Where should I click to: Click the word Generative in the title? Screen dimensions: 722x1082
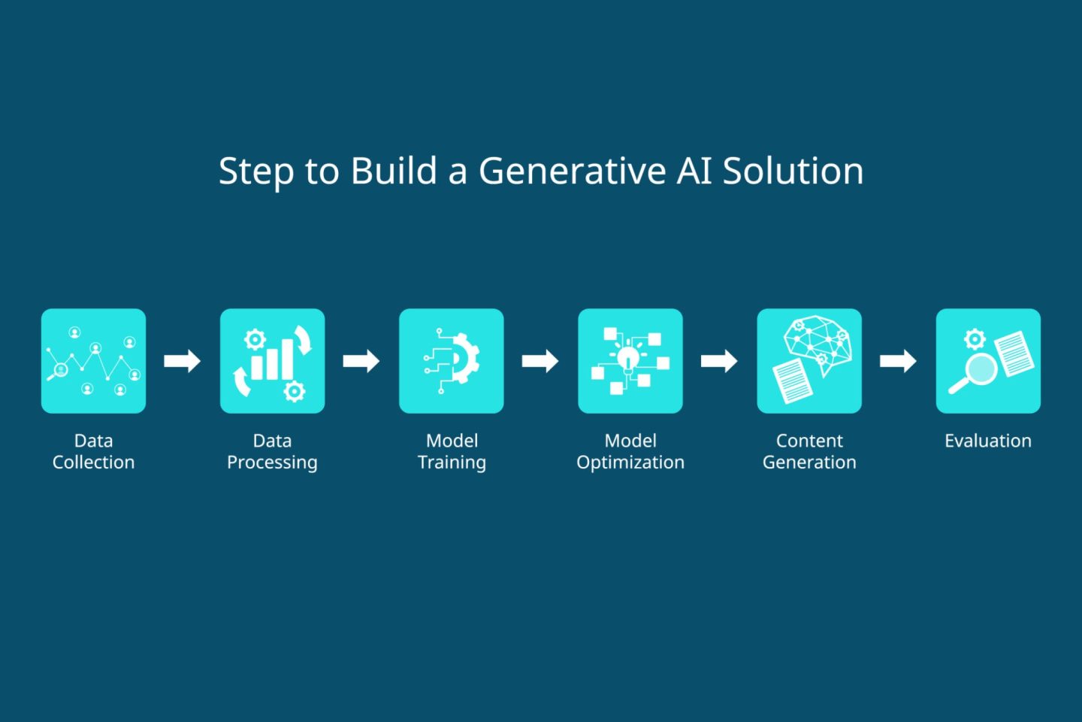572,171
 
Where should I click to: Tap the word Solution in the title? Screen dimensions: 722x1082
793,171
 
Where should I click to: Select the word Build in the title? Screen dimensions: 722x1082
394,171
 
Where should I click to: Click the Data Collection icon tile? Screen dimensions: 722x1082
93,361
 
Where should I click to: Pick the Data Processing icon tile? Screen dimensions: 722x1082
272,361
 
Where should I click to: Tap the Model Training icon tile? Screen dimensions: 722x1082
451,361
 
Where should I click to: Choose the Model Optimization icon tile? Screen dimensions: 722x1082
630,361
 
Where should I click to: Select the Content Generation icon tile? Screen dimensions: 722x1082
809,361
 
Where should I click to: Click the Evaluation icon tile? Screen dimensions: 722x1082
988,361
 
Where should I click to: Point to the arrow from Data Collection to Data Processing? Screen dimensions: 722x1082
183,361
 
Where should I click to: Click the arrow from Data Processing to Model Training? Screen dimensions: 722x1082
361,361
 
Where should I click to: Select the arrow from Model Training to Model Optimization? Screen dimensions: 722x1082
540,361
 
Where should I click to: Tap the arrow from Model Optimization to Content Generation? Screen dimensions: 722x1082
719,361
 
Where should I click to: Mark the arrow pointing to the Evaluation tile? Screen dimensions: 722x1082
898,361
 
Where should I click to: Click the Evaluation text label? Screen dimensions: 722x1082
988,441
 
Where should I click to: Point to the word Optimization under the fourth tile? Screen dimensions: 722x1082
630,463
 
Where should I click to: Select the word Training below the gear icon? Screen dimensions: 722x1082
452,463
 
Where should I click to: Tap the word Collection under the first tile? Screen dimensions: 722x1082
93,463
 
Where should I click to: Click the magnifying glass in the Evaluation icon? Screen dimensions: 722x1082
979,370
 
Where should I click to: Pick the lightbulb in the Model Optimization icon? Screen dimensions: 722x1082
628,358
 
